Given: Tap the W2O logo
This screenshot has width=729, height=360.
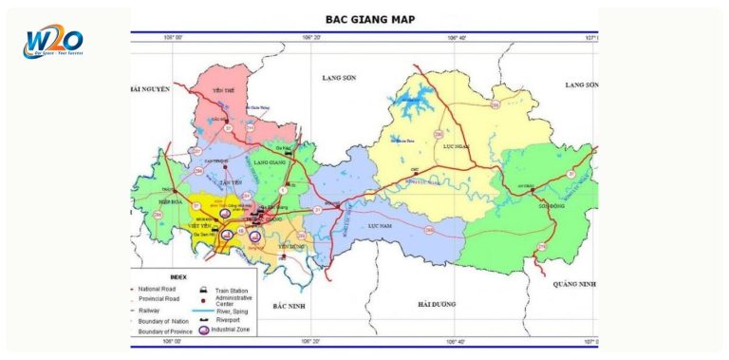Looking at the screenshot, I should (54, 43).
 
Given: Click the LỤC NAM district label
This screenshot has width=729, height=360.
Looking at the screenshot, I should (380, 226).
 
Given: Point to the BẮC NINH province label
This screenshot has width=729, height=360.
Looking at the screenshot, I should (287, 306).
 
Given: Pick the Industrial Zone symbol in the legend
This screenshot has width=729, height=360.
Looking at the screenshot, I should (203, 330).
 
